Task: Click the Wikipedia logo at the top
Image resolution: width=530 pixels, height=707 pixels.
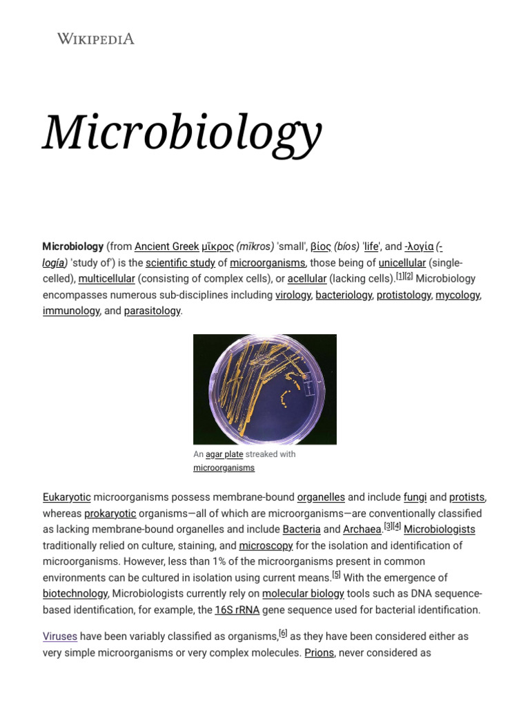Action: pyautogui.click(x=95, y=39)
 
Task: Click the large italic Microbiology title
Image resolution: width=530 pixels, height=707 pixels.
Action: pyautogui.click(x=182, y=132)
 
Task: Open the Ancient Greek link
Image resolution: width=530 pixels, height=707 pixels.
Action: pyautogui.click(x=166, y=246)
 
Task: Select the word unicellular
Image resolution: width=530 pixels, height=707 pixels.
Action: pyautogui.click(x=402, y=263)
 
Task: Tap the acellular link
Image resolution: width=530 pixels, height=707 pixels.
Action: pyautogui.click(x=306, y=279)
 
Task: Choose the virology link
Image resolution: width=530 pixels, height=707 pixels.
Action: pyautogui.click(x=293, y=295)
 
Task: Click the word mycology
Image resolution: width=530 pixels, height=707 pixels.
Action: pyautogui.click(x=457, y=295)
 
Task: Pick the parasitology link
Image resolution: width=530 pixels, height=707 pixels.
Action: pyautogui.click(x=152, y=311)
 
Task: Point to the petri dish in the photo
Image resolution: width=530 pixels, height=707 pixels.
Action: pyautogui.click(x=265, y=388)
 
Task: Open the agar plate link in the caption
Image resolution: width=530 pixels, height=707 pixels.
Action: pyautogui.click(x=224, y=454)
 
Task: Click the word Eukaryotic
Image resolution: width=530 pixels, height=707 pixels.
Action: pyautogui.click(x=66, y=497)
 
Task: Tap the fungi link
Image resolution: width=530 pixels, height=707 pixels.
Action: pyautogui.click(x=415, y=497)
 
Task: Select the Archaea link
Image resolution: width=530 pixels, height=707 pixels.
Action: pyautogui.click(x=362, y=530)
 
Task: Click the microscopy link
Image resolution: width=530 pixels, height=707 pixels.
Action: pyautogui.click(x=266, y=545)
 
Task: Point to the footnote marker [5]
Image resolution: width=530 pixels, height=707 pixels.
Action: pyautogui.click(x=336, y=574)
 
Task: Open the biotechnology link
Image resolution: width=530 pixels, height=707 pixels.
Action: pyautogui.click(x=75, y=594)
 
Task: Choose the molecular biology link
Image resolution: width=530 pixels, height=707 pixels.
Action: pyautogui.click(x=303, y=594)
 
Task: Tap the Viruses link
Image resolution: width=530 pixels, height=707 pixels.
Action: pyautogui.click(x=60, y=636)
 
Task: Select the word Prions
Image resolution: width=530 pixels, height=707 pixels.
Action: pyautogui.click(x=319, y=652)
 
